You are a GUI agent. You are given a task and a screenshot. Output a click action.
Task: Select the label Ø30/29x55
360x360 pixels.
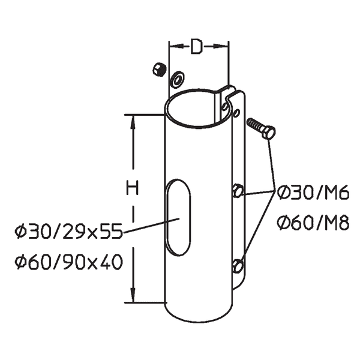pos(67,230)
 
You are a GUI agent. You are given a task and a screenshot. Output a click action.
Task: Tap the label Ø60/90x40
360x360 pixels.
pos(67,262)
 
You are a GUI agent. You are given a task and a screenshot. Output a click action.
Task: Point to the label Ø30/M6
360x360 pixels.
pos(313,193)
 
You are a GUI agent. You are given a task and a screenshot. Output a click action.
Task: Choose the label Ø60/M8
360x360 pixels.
pos(313,224)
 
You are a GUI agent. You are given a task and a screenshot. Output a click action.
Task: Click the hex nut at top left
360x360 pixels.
pos(159,69)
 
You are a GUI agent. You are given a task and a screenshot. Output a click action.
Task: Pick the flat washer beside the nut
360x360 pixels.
pos(178,78)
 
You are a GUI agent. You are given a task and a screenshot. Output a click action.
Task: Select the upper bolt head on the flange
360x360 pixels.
pos(237,191)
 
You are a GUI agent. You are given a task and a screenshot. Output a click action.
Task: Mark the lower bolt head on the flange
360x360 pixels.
pos(238,265)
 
